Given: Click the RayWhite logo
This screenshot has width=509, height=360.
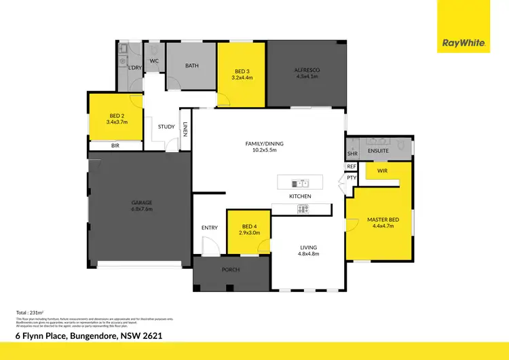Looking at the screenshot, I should [464, 43].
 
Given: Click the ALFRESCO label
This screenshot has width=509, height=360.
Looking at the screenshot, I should [306, 73].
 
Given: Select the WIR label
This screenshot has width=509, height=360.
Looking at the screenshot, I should [381, 171].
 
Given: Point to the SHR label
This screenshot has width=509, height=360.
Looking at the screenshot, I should [352, 153].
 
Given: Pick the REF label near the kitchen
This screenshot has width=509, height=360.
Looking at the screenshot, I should [351, 166].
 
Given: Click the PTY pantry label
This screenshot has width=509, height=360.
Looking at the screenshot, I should [351, 178].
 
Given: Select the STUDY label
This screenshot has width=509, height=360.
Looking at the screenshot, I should [166, 126].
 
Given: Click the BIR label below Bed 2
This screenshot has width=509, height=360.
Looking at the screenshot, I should [115, 145].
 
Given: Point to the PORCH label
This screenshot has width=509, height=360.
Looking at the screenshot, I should [231, 270].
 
